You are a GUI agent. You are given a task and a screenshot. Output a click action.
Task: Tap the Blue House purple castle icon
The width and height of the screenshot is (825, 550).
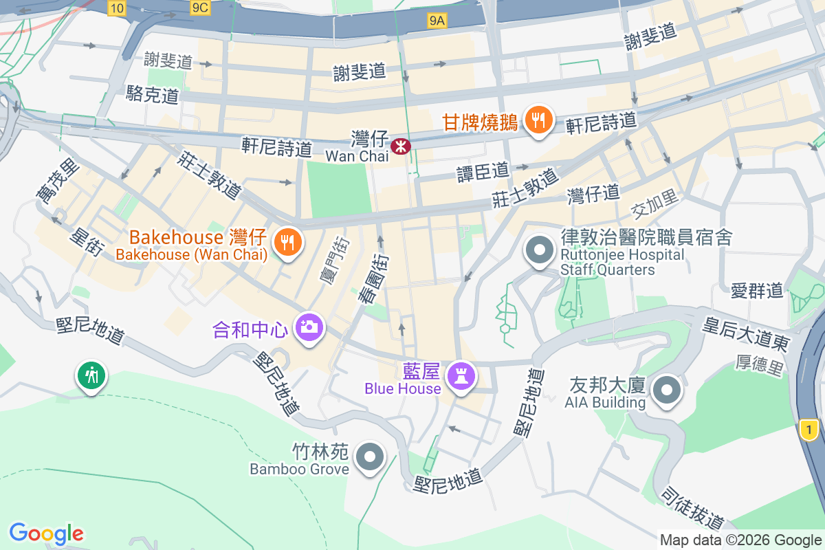coord(460,376)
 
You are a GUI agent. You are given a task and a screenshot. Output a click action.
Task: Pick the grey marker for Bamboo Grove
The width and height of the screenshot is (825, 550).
coord(371,456)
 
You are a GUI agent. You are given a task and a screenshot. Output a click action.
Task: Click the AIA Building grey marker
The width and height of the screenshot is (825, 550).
coord(665,390)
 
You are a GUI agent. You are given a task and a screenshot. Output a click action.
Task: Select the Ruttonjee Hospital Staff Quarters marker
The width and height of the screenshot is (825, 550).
coord(539,250)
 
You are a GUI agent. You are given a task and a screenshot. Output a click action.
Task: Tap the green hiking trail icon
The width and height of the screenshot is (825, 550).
coord(91,376)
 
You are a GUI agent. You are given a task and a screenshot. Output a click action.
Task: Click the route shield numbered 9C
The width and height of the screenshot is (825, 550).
coord(200,8)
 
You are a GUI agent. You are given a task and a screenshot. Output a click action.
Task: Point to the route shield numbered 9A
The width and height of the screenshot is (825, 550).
coord(437,21)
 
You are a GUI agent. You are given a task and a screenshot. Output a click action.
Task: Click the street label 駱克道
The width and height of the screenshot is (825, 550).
coord(153,94)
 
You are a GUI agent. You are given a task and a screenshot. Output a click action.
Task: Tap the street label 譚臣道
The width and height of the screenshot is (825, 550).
coord(483,171)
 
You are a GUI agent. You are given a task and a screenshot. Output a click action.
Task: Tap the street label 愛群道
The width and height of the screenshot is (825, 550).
coord(757,290)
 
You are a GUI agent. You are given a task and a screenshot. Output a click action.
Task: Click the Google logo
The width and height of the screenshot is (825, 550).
coord(46,533)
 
